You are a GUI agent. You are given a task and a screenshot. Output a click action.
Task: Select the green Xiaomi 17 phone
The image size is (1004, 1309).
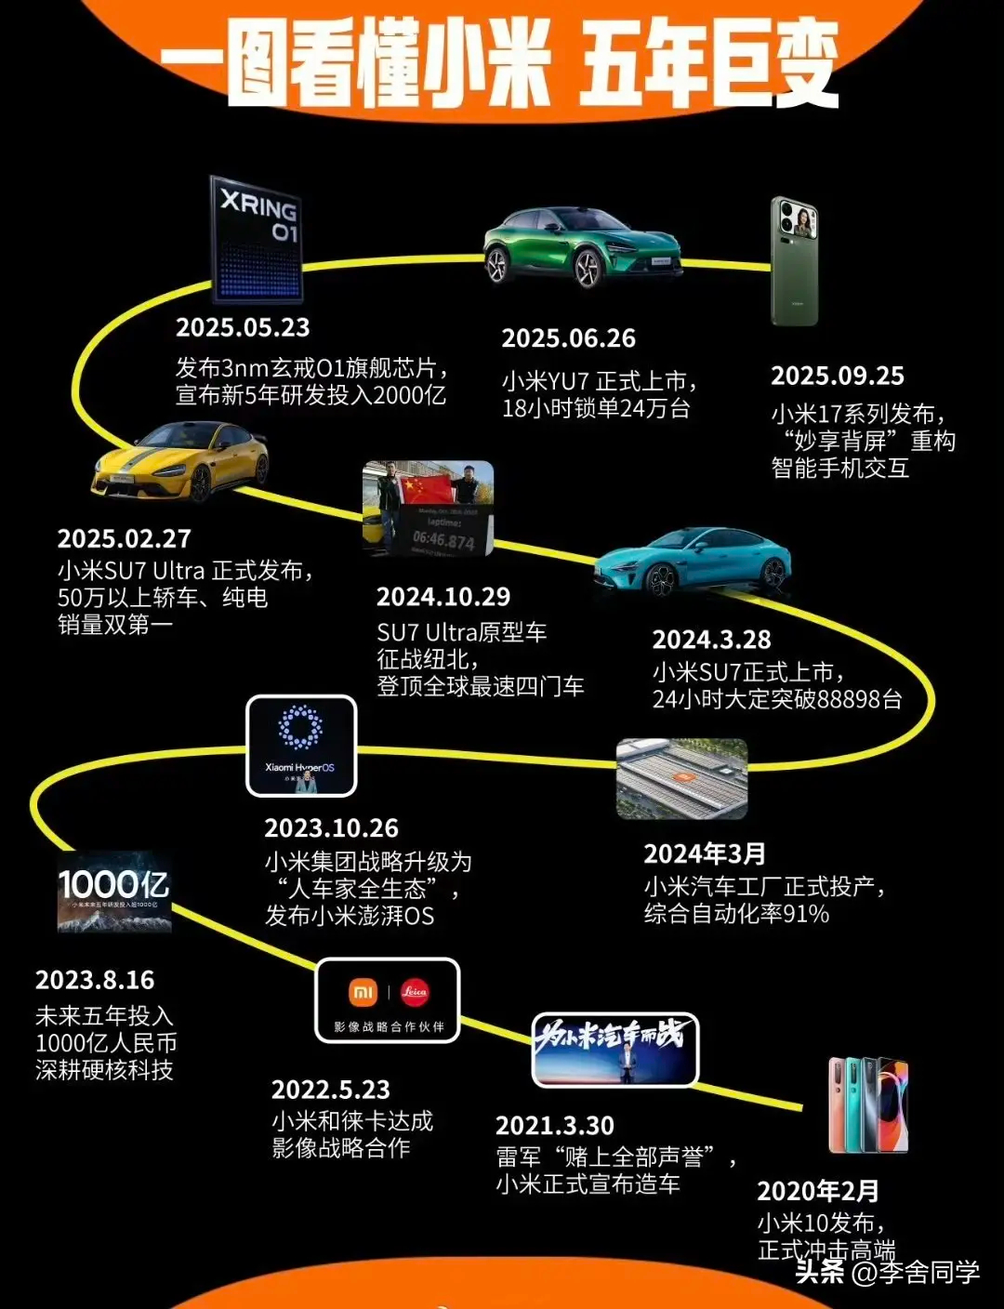795,261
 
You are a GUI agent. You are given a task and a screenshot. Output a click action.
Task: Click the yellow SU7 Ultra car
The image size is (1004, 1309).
180,460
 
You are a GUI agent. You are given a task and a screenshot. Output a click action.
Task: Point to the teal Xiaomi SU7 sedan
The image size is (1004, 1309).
693,561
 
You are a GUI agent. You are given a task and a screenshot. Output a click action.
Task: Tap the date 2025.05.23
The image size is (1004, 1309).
243,327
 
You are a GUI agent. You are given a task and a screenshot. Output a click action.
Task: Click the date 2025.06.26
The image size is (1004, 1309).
569,338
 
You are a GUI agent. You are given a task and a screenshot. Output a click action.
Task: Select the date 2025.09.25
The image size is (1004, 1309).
837,376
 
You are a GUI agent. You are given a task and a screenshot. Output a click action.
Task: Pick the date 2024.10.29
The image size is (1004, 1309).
443,596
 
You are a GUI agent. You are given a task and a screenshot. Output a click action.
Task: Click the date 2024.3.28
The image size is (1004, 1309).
711,640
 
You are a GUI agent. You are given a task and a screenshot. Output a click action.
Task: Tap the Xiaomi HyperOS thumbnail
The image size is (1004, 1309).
300,746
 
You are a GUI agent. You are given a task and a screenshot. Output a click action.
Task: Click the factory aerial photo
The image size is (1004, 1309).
681,779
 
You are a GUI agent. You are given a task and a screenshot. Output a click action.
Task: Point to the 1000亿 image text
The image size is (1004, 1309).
113,884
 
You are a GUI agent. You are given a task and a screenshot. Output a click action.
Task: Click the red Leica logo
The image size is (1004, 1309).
415,992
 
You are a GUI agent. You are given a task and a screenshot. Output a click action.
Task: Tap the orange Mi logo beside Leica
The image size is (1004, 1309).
362,992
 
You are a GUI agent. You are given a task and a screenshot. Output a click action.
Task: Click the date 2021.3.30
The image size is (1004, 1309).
555,1126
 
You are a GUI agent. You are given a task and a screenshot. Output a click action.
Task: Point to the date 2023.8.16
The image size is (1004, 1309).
95,980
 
